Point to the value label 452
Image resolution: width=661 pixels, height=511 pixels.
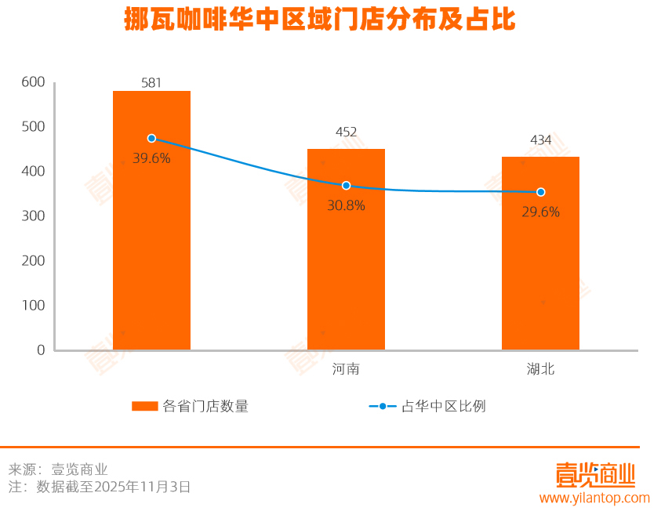[x=346, y=132]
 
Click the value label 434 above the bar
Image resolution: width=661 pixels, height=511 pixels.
[x=540, y=140]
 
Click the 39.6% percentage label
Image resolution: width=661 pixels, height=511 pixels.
[x=151, y=158]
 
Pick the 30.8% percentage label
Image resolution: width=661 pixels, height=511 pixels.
[x=346, y=205]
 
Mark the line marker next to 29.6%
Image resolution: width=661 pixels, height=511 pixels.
[x=540, y=192]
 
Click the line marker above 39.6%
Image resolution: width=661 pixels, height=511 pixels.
[x=151, y=138]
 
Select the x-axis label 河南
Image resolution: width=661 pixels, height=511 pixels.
[x=346, y=369]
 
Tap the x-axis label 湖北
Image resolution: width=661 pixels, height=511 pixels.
[x=540, y=369]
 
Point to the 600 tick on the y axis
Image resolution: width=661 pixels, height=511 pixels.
[x=34, y=82]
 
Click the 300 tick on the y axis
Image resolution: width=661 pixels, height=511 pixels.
[x=34, y=216]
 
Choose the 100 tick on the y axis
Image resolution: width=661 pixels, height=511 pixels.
[x=34, y=305]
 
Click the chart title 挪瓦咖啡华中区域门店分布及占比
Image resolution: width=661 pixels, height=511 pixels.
[x=320, y=20]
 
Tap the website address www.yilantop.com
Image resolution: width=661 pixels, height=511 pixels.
[x=594, y=498]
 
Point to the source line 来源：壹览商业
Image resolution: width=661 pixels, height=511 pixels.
[x=58, y=469]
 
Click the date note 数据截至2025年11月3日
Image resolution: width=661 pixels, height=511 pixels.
[x=114, y=487]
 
